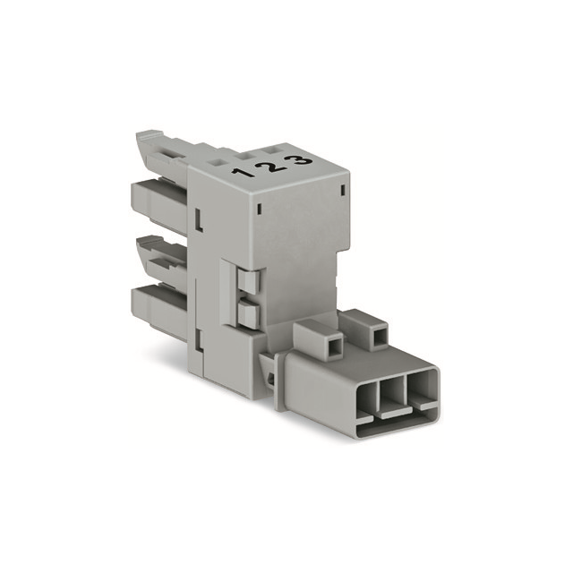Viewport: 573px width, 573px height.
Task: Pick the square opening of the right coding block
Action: coord(379,333)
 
